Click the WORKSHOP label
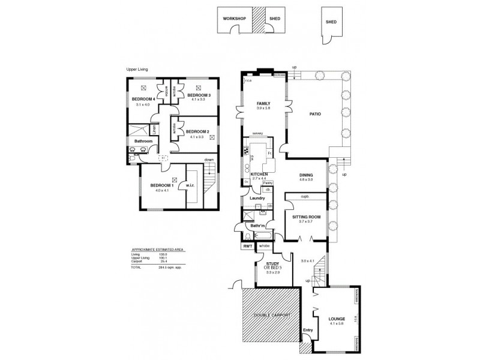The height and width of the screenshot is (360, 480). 235,19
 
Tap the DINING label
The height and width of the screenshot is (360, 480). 307,175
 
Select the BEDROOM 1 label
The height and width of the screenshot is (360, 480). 161,185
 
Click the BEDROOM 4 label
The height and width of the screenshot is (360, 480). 144,99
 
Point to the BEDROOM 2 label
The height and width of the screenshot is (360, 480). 197,131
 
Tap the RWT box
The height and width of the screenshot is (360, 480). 247,246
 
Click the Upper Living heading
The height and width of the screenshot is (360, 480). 137,70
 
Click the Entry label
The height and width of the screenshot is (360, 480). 308,330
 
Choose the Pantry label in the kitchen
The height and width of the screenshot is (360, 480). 268,183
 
